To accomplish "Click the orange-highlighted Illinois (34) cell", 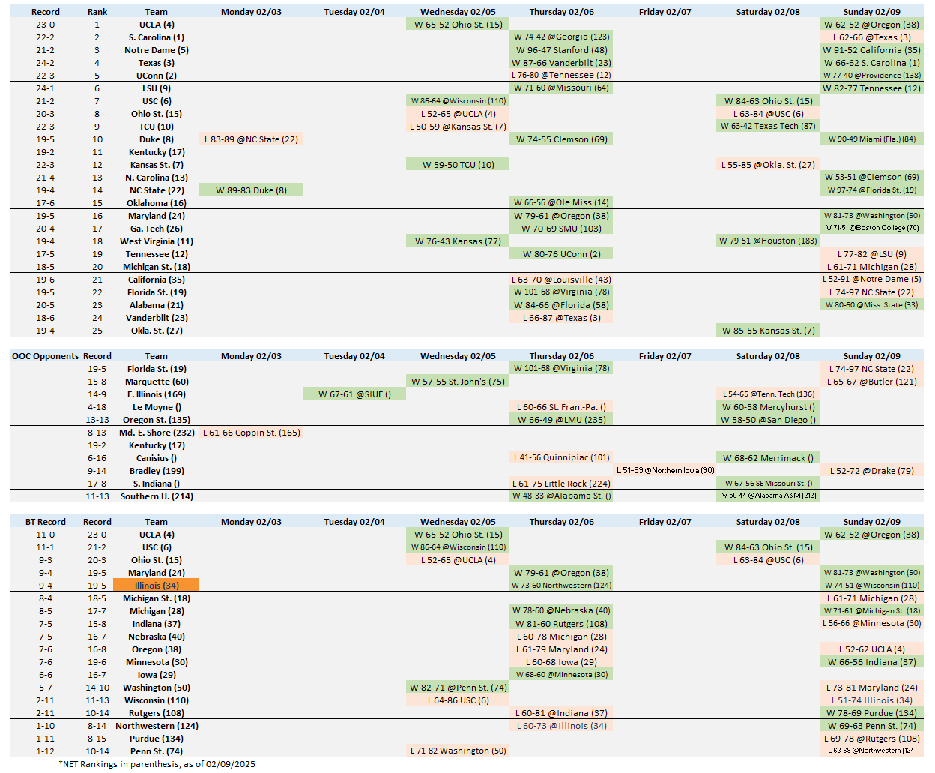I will (156, 586).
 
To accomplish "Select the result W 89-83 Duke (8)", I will (251, 190).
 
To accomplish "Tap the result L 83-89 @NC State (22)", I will (251, 139).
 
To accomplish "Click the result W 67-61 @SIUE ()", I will (354, 394).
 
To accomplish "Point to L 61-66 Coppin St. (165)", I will (251, 433).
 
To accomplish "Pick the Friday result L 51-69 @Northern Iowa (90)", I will (665, 471).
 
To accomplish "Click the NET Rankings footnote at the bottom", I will (157, 764).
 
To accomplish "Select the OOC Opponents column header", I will (45, 356).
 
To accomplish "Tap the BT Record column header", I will (45, 522).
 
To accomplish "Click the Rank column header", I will (97, 12).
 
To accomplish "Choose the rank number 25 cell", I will (97, 331).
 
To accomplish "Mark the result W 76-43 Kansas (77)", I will (458, 241).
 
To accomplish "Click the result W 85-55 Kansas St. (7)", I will (768, 331).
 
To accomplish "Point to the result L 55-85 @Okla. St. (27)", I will (768, 165).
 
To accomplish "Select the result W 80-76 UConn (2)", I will (561, 254).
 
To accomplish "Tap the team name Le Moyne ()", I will (157, 407).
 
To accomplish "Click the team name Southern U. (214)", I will (157, 496).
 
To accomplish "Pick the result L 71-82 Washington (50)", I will (458, 751).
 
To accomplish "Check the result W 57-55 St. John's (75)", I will (458, 382).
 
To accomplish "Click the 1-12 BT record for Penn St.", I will (45, 751).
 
